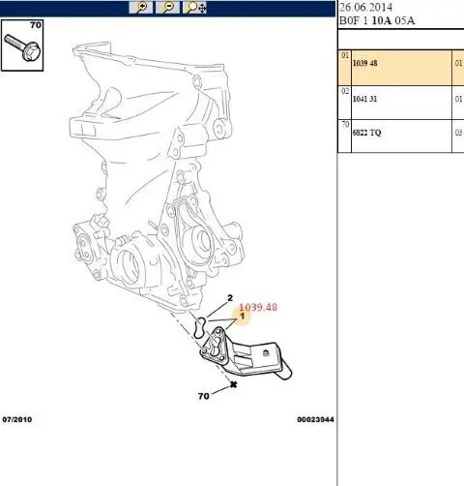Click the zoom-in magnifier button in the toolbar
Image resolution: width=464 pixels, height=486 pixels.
click(x=141, y=8)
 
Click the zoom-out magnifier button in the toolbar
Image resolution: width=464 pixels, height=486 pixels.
click(x=167, y=8)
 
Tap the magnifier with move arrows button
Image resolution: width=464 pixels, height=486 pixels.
click(x=194, y=8)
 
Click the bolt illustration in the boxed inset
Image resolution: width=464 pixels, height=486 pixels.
click(x=22, y=47)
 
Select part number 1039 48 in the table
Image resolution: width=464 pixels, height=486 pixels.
click(x=364, y=63)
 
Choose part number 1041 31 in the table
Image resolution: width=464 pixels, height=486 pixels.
click(x=364, y=99)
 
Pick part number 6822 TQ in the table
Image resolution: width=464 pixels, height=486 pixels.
click(x=366, y=133)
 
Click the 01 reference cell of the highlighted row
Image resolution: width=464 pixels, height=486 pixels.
click(x=345, y=55)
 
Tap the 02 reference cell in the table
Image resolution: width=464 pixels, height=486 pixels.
click(x=345, y=91)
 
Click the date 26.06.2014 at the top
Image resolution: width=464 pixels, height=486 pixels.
click(x=365, y=7)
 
